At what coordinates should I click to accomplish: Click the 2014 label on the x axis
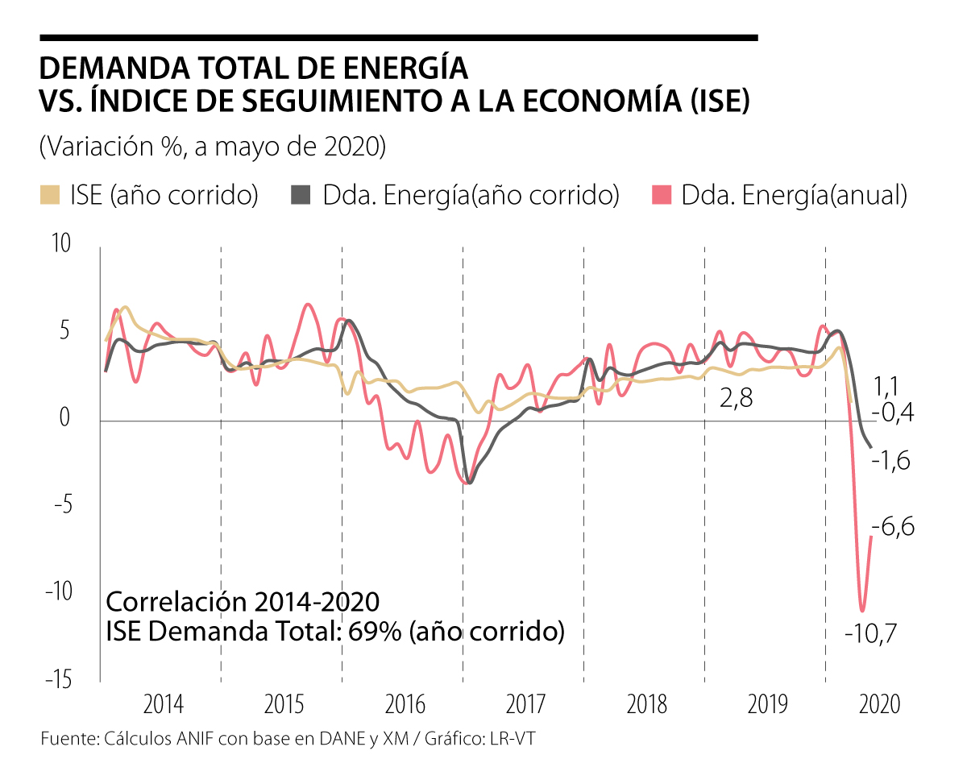(x=164, y=705)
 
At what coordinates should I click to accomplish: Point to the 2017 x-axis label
(x=526, y=705)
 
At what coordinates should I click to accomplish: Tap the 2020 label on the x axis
(x=879, y=705)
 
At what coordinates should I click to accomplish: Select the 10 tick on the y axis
(x=61, y=244)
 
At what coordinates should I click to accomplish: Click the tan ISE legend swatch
(x=49, y=196)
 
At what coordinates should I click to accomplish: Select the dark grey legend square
(x=300, y=196)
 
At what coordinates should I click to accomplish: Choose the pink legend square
(x=660, y=196)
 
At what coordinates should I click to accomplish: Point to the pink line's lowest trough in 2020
(x=862, y=610)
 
